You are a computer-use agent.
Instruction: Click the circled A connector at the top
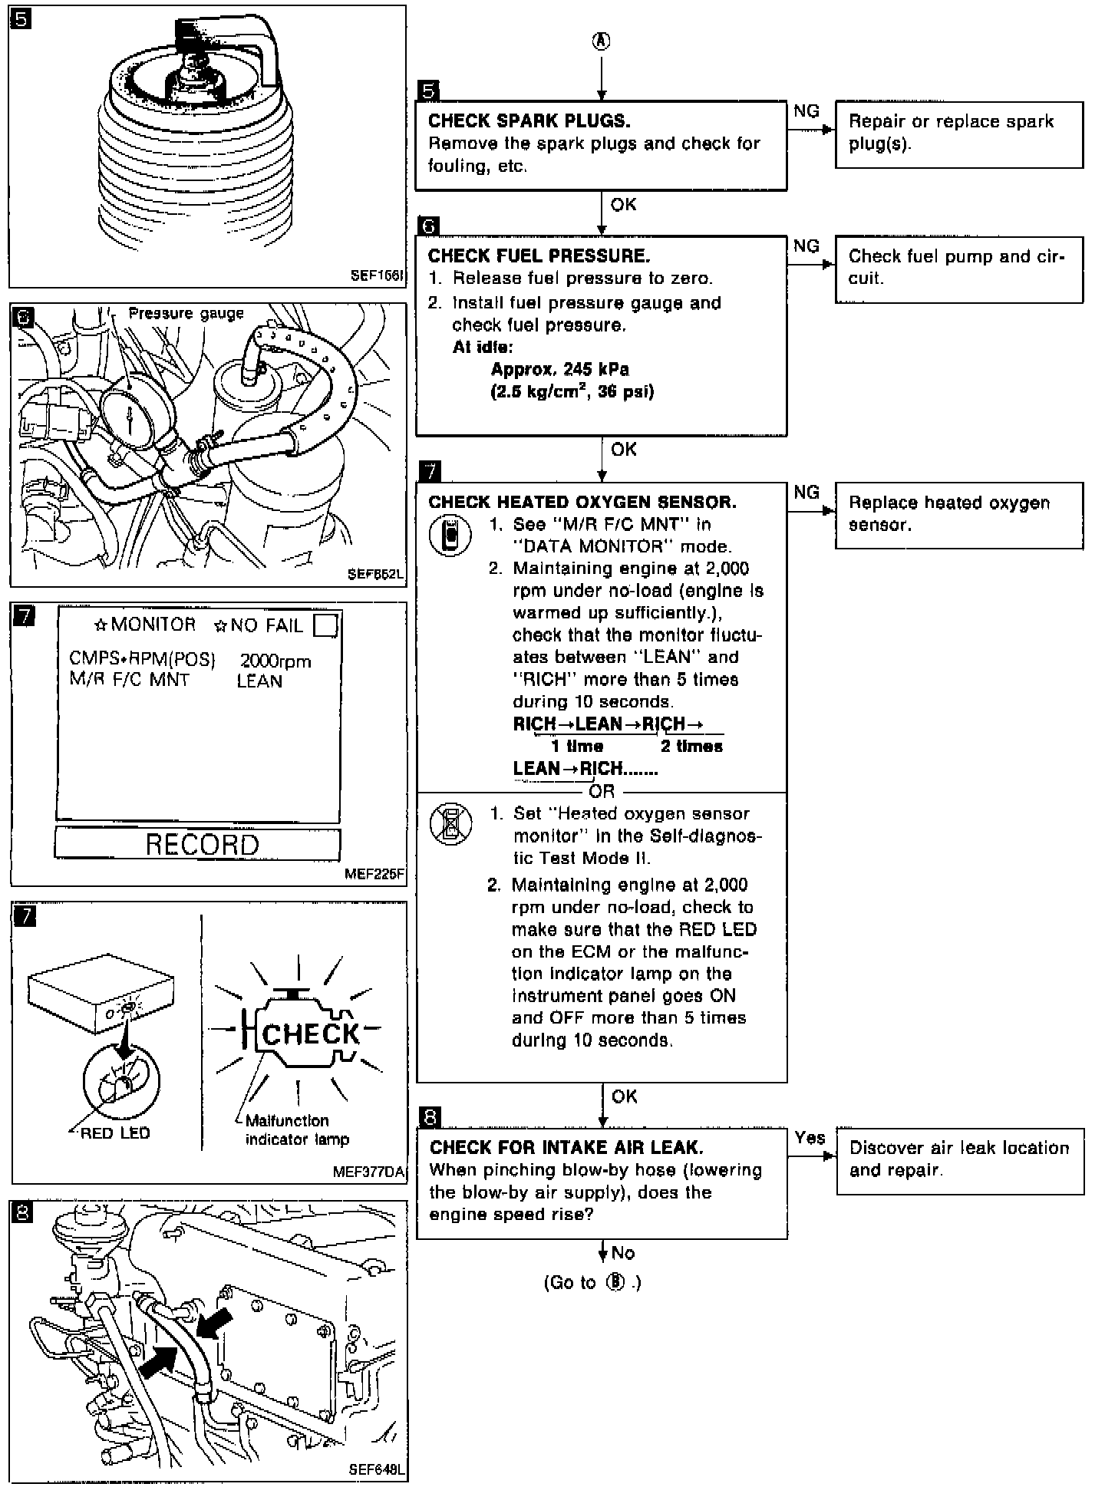602,41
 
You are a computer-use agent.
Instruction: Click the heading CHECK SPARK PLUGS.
529,121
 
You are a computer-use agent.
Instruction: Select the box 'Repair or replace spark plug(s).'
958,134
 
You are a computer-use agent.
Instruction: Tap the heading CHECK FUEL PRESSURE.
539,256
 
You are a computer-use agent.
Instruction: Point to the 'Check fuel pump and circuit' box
958,269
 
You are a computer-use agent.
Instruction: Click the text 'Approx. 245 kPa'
559,369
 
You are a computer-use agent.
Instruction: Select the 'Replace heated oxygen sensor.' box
958,515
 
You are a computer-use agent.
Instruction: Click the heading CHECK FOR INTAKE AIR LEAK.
566,1147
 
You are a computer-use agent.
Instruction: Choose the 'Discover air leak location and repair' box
959,1160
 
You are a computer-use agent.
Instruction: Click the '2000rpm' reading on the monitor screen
275,661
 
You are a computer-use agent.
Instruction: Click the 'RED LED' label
115,1133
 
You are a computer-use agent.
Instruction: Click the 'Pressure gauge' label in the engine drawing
186,314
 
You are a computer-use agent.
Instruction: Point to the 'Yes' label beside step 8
810,1137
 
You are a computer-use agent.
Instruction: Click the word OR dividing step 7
602,791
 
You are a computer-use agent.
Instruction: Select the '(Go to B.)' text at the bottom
592,1283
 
